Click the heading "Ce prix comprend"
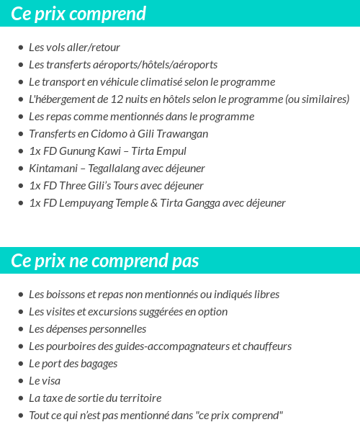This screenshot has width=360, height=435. [78, 13]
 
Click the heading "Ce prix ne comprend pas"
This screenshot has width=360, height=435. [105, 260]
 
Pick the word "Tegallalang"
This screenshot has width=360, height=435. [112, 169]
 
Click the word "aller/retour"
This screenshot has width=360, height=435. [92, 48]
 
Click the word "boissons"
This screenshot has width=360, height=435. [67, 295]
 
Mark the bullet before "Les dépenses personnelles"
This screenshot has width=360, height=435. [20, 329]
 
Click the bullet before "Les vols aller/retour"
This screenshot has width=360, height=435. [20, 48]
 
